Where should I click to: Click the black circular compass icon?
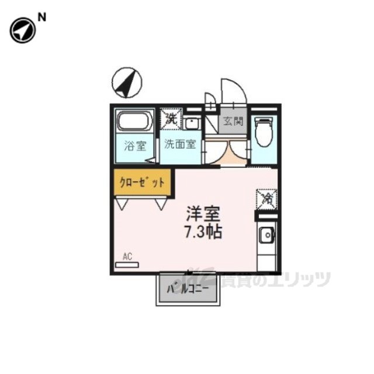(x=21, y=31)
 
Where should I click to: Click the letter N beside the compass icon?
(x=41, y=18)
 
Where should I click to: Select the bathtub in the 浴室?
(x=135, y=123)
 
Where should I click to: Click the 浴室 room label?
(x=135, y=146)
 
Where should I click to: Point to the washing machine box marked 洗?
(x=171, y=119)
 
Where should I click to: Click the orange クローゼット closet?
(x=142, y=182)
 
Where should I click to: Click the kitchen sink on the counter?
(x=266, y=236)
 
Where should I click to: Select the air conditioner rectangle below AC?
(x=127, y=265)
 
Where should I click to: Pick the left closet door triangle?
(x=123, y=203)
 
